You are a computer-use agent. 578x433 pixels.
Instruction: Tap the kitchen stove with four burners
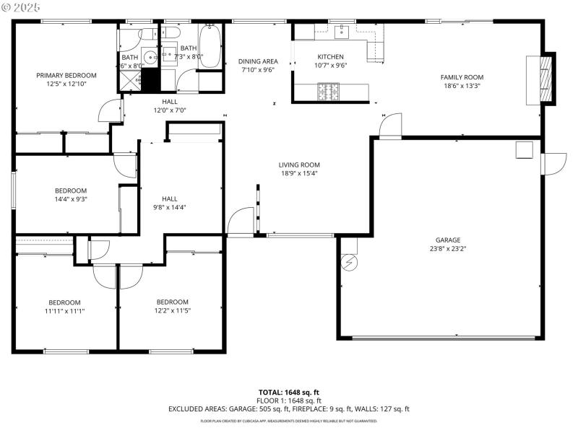click(x=327, y=92)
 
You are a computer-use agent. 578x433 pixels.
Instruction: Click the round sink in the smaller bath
click(x=150, y=57)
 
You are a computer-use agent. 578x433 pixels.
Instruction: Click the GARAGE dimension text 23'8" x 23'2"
click(x=447, y=249)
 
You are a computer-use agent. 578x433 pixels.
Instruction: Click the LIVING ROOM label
click(x=299, y=165)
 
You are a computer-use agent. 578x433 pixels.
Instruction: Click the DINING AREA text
click(x=259, y=61)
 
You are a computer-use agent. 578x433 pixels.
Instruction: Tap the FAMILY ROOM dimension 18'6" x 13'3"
click(x=462, y=86)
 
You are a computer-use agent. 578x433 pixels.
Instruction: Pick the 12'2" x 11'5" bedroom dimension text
click(x=173, y=311)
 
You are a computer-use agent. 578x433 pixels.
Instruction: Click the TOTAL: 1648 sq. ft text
click(x=288, y=391)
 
